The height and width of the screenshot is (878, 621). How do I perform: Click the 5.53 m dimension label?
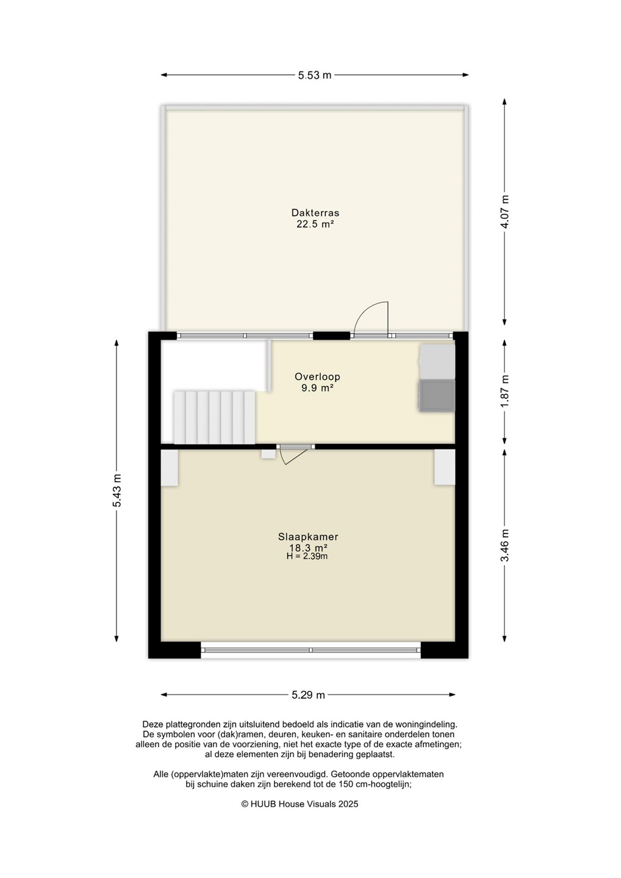click(x=314, y=75)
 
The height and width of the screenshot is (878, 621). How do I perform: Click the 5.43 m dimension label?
click(x=117, y=490)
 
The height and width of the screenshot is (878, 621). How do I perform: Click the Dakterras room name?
click(x=315, y=213)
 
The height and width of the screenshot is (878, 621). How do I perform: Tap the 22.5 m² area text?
click(x=315, y=224)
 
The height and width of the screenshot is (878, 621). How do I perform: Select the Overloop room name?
click(x=317, y=377)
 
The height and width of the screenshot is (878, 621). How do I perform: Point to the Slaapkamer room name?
click(x=308, y=537)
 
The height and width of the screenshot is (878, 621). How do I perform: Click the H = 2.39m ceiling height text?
click(x=307, y=556)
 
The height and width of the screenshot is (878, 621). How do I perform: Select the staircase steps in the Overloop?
click(x=215, y=417)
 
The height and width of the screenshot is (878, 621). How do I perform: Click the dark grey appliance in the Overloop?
click(x=437, y=396)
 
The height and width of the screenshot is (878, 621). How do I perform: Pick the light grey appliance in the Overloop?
click(x=437, y=362)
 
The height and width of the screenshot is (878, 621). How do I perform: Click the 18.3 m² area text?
click(x=308, y=548)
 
